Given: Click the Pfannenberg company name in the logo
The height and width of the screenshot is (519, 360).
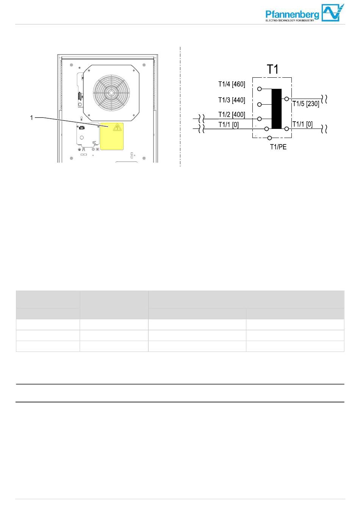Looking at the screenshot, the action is [x=292, y=15].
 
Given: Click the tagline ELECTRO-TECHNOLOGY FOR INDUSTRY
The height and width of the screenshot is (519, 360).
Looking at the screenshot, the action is [x=290, y=20].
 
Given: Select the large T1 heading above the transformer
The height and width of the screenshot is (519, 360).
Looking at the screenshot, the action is [x=272, y=69].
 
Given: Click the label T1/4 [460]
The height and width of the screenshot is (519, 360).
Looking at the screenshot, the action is [x=232, y=84].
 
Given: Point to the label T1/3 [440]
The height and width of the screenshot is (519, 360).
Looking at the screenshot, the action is [x=232, y=100].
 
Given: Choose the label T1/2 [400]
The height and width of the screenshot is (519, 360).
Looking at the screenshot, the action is [x=232, y=114].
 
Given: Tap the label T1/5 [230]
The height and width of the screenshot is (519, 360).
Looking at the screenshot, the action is [x=306, y=104].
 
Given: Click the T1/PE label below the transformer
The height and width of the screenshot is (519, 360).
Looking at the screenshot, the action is [x=278, y=147].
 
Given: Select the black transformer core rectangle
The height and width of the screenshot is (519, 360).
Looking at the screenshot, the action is [x=277, y=109].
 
